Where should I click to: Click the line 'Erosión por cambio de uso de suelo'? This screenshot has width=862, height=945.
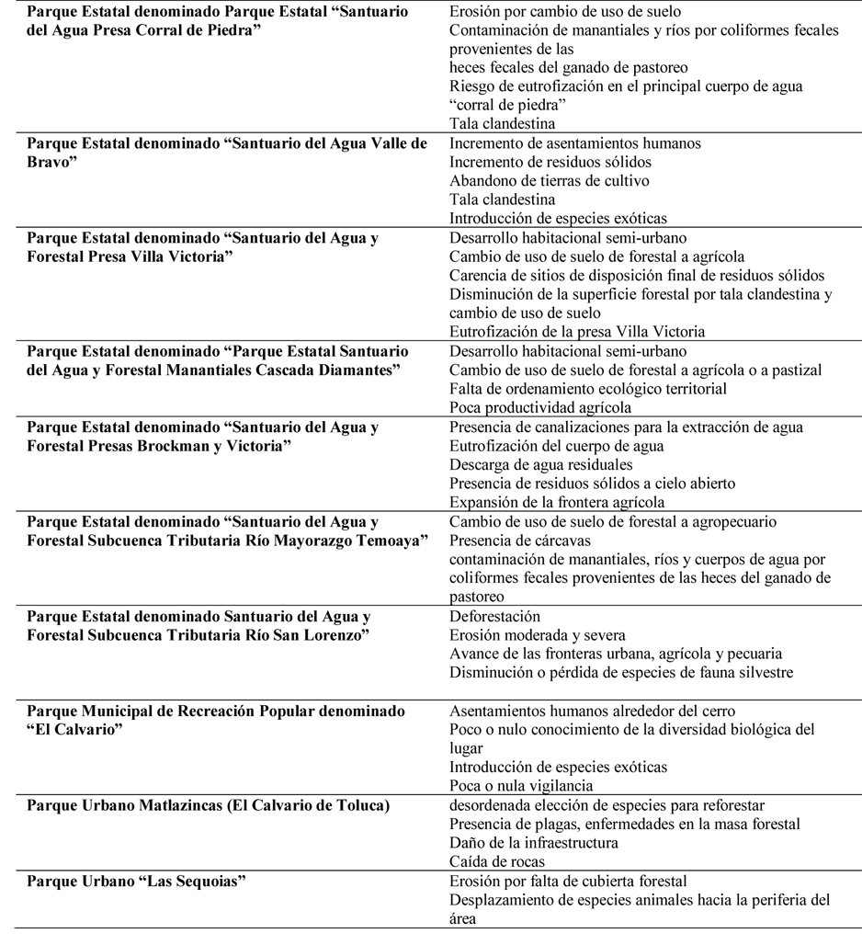tap(565, 12)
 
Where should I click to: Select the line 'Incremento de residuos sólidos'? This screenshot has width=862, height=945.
tap(550, 162)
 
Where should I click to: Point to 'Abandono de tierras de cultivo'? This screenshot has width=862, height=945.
tap(549, 180)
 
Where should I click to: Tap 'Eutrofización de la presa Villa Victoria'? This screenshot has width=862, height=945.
tap(577, 331)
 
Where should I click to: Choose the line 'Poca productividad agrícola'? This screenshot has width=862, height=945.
tap(540, 407)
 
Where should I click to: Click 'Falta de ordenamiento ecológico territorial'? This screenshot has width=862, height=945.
tap(588, 389)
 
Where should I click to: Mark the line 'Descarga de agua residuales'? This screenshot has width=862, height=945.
tap(541, 464)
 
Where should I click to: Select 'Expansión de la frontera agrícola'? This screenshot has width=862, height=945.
tap(557, 502)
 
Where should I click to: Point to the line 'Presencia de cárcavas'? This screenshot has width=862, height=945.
tap(520, 541)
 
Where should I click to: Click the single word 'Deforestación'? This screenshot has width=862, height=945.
tap(494, 616)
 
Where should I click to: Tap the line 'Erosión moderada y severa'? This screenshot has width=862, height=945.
tap(538, 635)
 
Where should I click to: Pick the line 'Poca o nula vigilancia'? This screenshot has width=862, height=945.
tap(521, 786)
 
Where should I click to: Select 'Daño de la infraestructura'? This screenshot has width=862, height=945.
tap(534, 843)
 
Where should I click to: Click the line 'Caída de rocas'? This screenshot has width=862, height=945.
tap(496, 862)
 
